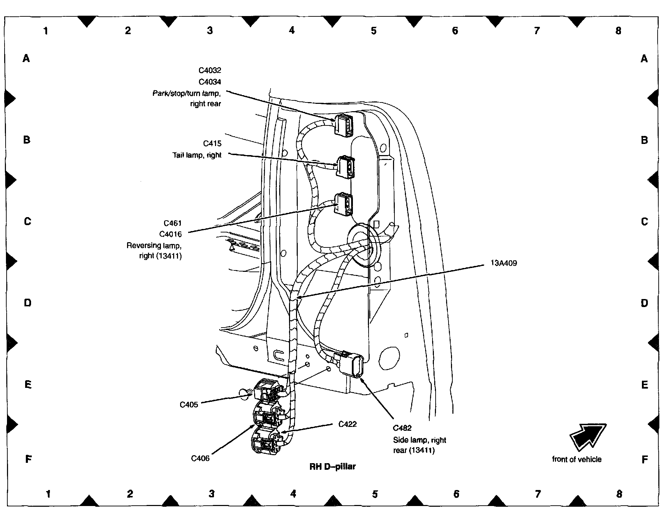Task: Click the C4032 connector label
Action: (210, 70)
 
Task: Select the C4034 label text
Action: (210, 82)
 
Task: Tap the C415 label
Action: (212, 144)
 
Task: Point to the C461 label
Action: (173, 223)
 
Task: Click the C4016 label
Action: (170, 234)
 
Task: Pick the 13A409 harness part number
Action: (504, 263)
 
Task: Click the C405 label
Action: (189, 405)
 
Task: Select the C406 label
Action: (200, 458)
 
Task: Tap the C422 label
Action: (348, 424)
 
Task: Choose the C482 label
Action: (402, 428)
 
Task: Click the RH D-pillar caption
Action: (332, 466)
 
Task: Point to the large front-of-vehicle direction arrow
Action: (587, 436)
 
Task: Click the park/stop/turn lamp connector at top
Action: (343, 124)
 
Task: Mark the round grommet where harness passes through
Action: (363, 245)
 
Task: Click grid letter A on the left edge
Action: (26, 58)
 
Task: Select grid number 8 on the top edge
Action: (618, 31)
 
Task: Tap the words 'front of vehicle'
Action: (577, 459)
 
